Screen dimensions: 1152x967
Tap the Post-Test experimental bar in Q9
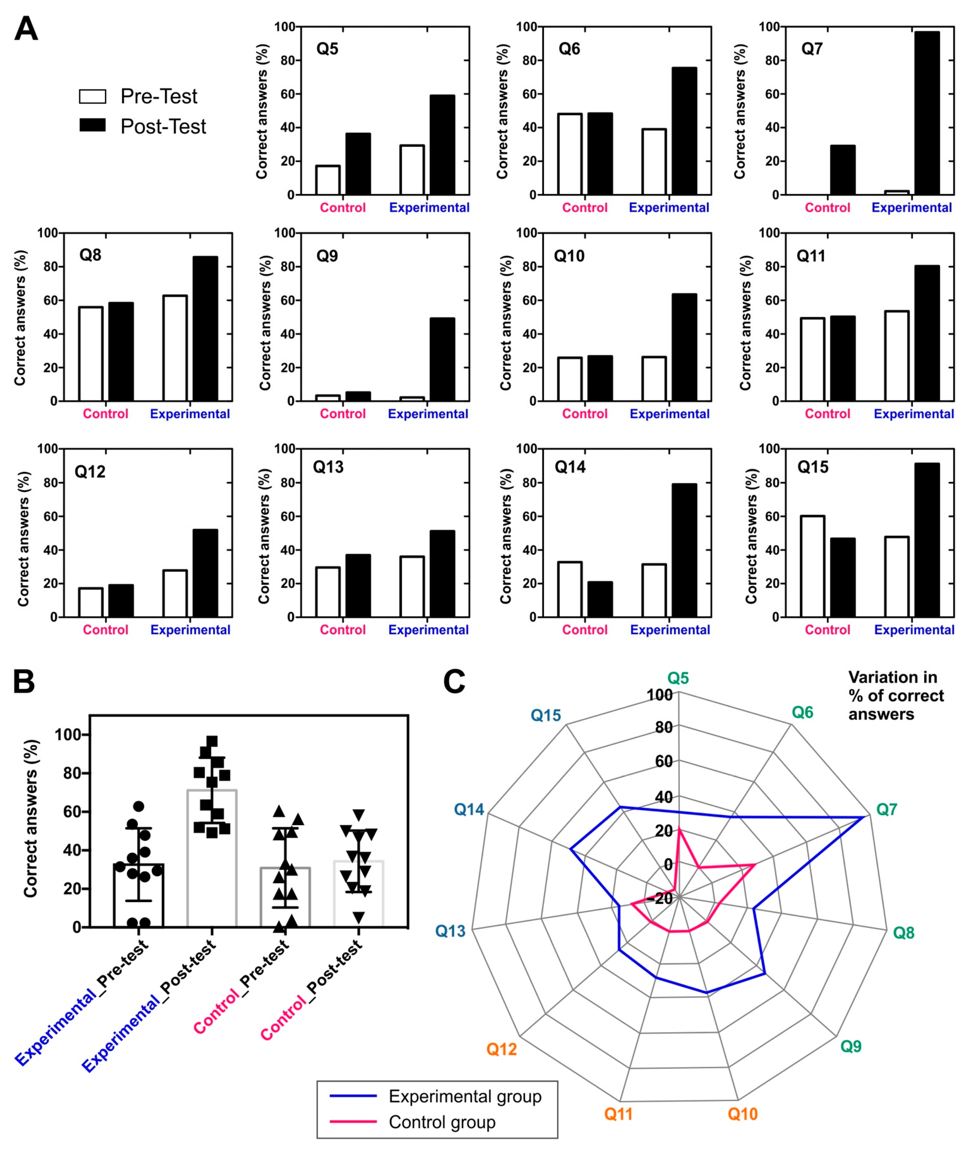pyautogui.click(x=442, y=359)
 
